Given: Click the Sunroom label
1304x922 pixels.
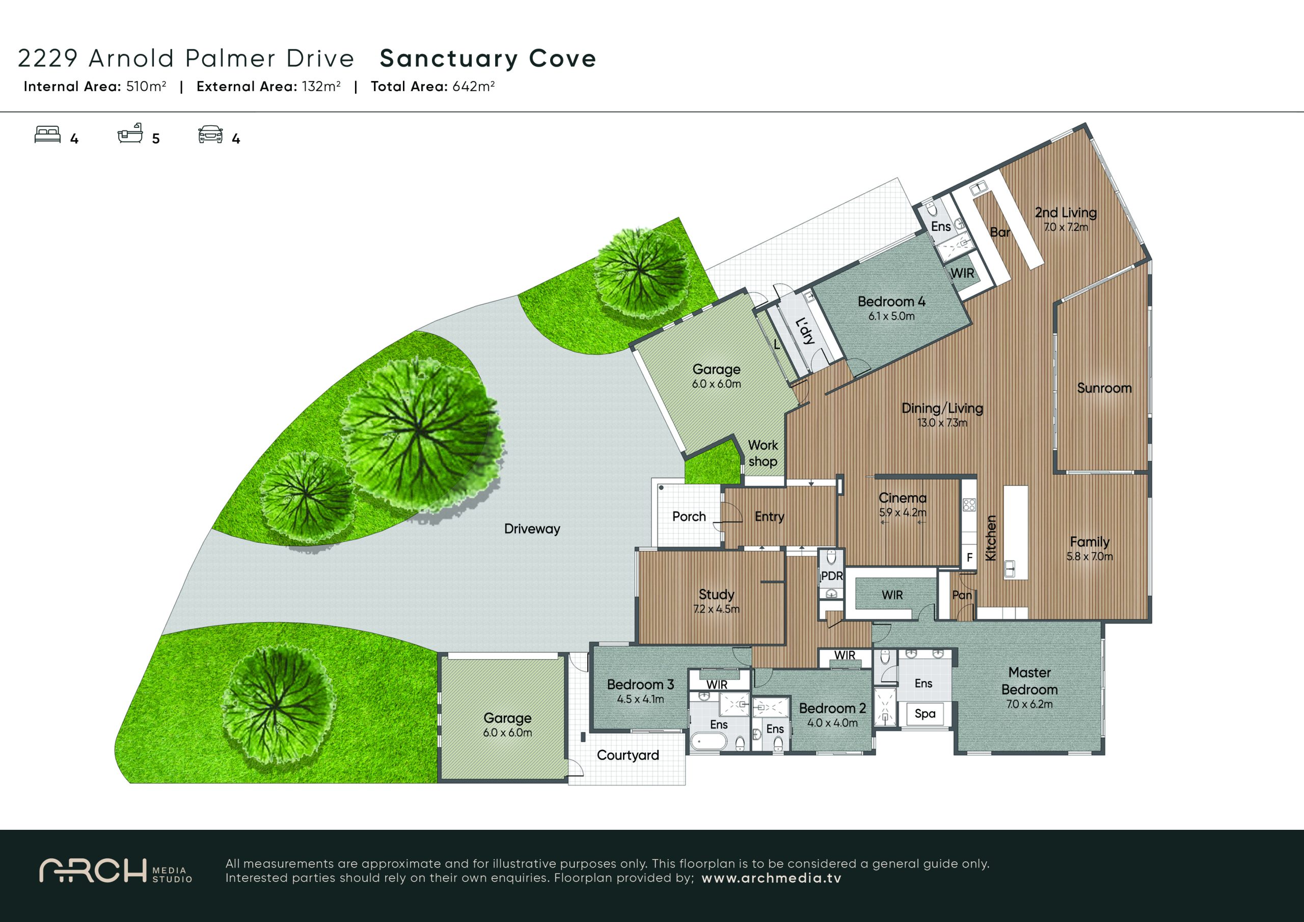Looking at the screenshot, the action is (x=1104, y=388).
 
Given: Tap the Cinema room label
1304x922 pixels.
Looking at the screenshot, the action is (x=903, y=498).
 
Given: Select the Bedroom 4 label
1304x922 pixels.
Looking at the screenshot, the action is (x=891, y=302).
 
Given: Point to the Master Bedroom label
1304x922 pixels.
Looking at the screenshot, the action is (x=1029, y=681).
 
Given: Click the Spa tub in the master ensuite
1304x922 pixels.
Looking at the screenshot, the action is (x=925, y=714).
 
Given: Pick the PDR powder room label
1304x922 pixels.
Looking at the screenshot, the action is (x=831, y=576).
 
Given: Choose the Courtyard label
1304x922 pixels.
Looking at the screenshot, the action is (x=628, y=755).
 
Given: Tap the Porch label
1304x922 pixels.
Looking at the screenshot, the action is (x=689, y=517).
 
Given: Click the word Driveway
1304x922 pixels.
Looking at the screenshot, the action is (x=532, y=529).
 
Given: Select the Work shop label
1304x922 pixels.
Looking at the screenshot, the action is (x=763, y=453).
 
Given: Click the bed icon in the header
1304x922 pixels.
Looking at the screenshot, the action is (x=48, y=134).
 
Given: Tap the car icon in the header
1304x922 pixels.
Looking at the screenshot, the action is (x=210, y=134).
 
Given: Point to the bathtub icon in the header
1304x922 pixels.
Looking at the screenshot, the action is (x=130, y=133).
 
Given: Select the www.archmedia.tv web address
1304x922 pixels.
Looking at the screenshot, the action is (x=771, y=878).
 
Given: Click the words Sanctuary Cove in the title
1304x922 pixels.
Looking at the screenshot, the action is (x=488, y=59).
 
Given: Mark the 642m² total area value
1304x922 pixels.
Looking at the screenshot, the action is (x=473, y=87).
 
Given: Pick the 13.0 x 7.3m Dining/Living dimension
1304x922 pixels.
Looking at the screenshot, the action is (x=942, y=423).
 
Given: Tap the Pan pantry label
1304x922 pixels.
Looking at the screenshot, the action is (x=962, y=595).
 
